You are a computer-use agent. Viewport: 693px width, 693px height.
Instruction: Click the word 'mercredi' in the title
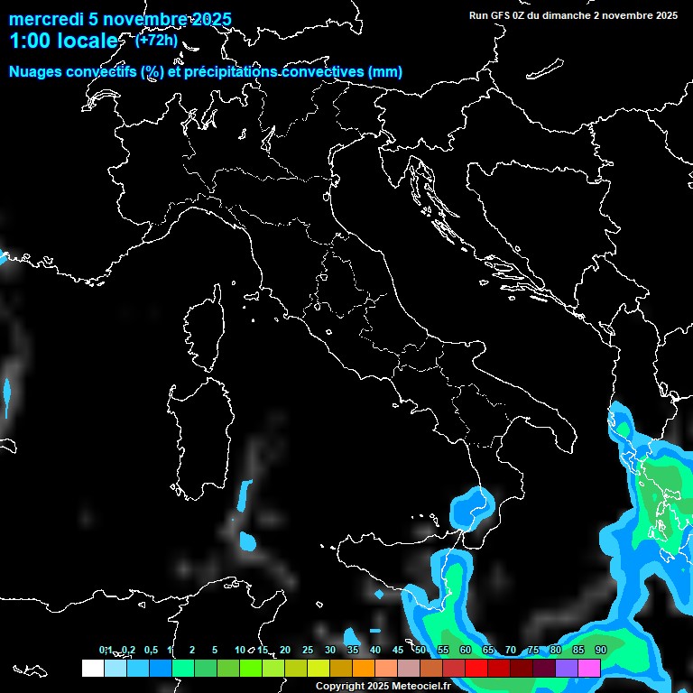[42, 20]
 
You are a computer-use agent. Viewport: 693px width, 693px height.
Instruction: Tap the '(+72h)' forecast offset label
[156, 40]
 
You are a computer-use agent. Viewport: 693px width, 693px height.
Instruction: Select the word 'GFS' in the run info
[502, 15]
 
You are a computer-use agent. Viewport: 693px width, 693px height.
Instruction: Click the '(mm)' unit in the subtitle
[385, 72]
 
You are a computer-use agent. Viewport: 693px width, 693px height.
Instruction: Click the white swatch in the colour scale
[92, 668]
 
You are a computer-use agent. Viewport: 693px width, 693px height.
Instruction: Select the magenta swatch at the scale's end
[589, 668]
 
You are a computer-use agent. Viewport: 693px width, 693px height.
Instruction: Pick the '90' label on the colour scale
[601, 650]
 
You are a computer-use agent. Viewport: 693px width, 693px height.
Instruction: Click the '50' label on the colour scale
[420, 650]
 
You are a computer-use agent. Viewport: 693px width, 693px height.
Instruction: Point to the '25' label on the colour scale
[308, 650]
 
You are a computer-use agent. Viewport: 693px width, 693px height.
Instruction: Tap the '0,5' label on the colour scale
[150, 650]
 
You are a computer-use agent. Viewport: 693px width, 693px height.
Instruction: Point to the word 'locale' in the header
[87, 42]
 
